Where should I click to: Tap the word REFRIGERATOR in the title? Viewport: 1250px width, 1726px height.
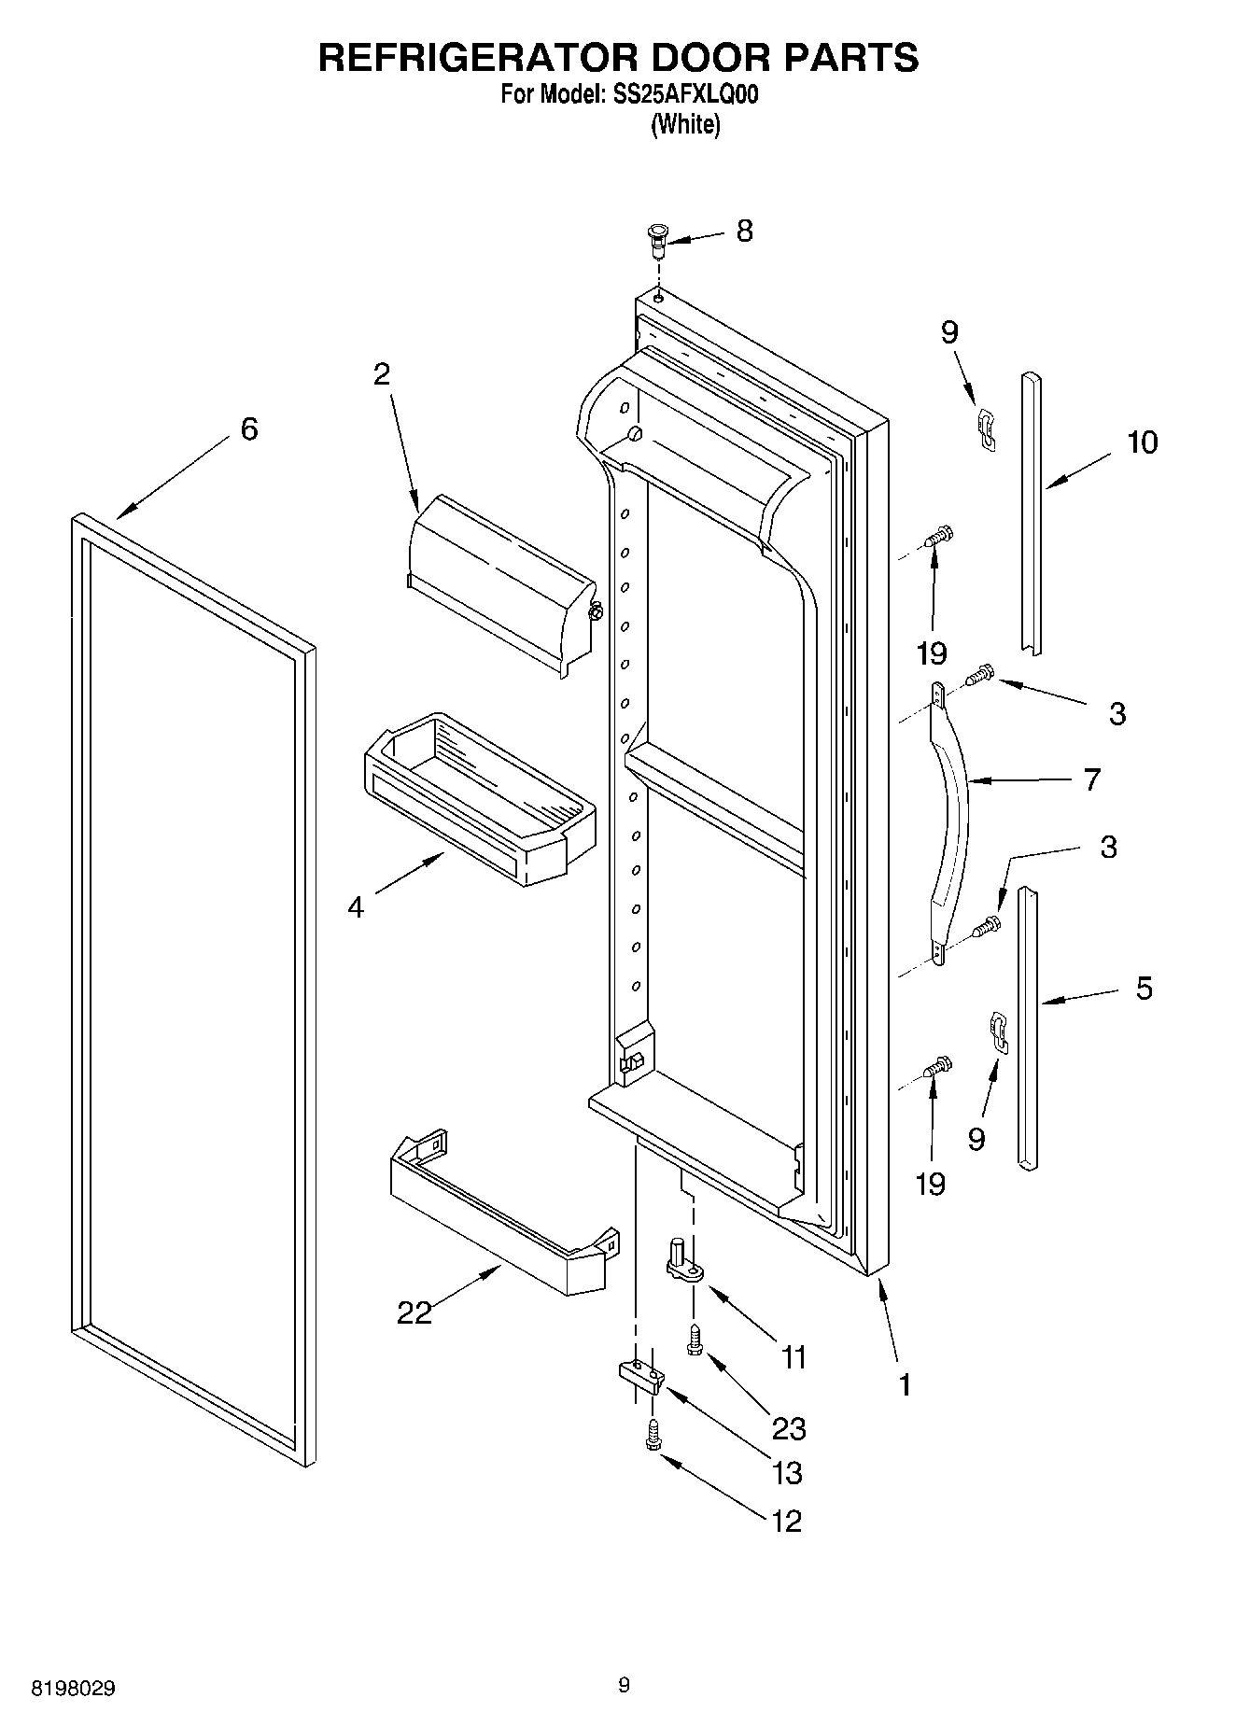click(x=477, y=57)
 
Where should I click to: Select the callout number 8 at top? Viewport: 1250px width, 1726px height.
click(x=744, y=231)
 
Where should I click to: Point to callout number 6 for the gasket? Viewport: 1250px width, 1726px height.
click(x=248, y=429)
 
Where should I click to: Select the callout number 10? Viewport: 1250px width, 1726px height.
click(x=1142, y=442)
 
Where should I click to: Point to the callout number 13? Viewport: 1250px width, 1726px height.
click(x=788, y=1473)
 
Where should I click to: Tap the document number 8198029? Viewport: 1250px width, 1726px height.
click(x=74, y=1689)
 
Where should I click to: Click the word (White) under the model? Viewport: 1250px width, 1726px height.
click(x=685, y=124)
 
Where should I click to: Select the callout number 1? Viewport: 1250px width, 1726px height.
click(x=904, y=1384)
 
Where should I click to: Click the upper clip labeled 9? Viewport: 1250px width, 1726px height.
click(x=986, y=428)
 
